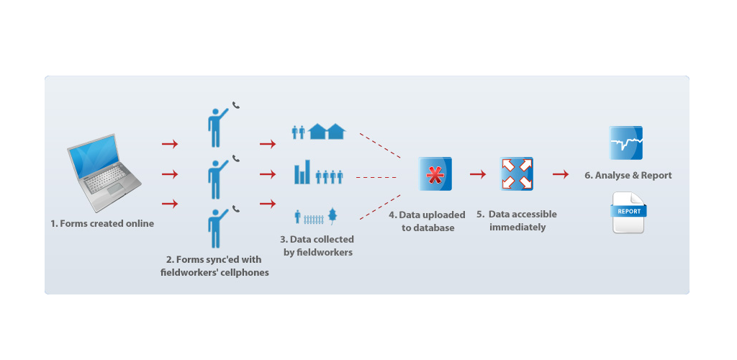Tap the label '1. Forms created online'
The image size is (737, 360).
(102, 223)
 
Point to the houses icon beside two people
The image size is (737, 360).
(327, 131)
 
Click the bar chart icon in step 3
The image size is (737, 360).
(302, 174)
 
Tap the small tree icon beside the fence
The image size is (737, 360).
(332, 215)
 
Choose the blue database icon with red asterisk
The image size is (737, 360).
(435, 174)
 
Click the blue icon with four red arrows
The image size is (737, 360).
(516, 174)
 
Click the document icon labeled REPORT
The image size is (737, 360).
(628, 212)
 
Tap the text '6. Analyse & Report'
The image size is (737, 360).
(628, 175)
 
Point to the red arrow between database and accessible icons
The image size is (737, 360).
(477, 174)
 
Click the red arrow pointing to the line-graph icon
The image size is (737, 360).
(561, 174)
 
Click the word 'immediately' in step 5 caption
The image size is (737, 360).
(517, 228)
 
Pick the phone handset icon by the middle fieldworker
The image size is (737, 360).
(235, 158)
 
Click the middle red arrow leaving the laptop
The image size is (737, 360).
(170, 174)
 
